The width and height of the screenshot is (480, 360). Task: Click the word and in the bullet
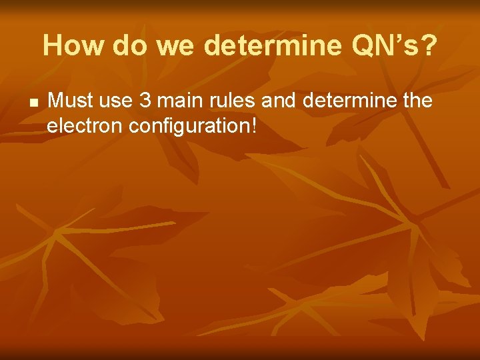click(275, 101)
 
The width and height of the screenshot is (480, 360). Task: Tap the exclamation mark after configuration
click(253, 124)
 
